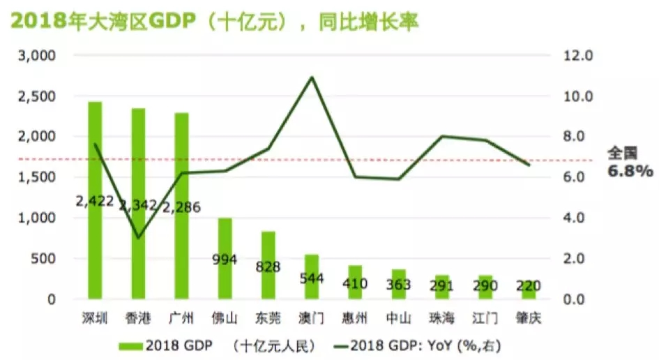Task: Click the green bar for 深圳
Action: click(95, 153)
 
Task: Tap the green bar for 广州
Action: click(181, 160)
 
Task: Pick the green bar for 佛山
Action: click(225, 279)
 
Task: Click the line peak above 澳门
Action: click(311, 77)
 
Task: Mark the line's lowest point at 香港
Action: click(138, 238)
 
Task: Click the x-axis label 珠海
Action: click(441, 319)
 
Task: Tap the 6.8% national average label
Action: click(630, 170)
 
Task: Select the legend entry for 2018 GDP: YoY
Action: click(418, 345)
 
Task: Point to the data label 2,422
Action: click(95, 202)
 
